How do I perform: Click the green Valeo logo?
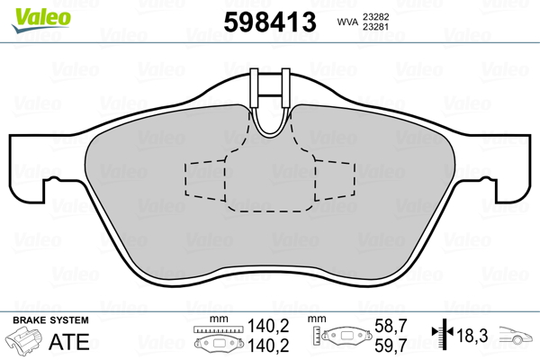point(41,20)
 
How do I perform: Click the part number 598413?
point(270,22)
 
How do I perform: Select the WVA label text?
point(347,22)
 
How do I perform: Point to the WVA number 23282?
point(375,16)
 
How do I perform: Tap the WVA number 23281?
point(375,26)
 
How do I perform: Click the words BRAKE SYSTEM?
point(50,320)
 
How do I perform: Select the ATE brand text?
point(69,342)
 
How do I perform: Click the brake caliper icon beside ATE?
point(23,340)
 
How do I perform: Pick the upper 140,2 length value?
point(268,326)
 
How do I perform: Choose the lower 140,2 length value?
point(268,346)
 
